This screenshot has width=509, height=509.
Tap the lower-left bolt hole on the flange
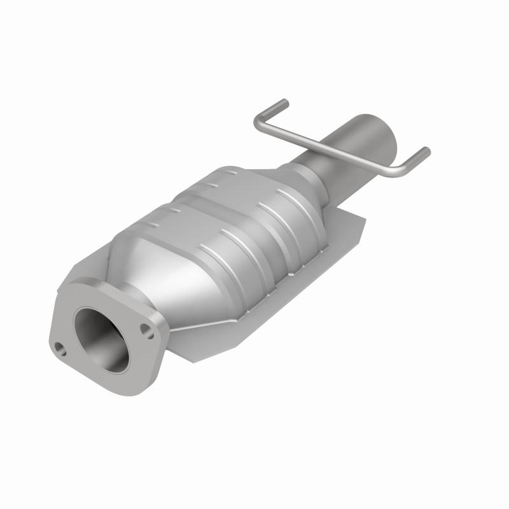point(60,348)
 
